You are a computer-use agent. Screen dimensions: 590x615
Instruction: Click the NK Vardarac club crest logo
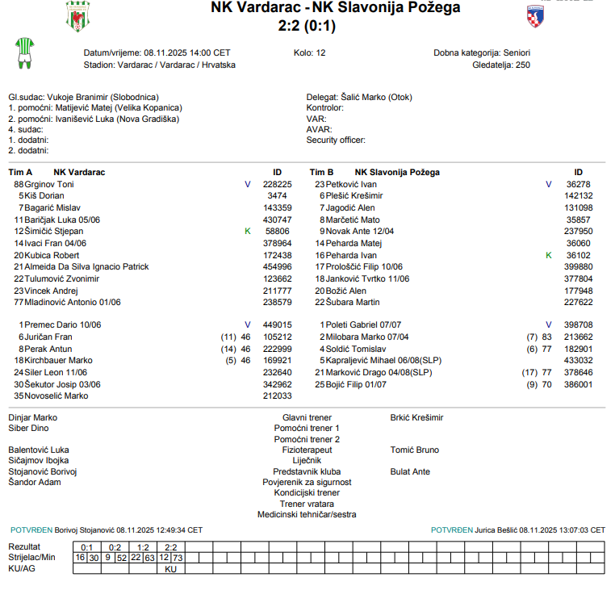[x=77, y=16]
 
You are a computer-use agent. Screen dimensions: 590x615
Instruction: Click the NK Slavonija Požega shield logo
[x=534, y=16]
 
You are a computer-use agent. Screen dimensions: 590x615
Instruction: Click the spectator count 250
[x=523, y=65]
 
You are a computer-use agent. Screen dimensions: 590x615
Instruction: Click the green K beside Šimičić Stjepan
[x=248, y=231]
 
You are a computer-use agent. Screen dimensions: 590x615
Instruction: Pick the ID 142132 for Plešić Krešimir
[x=578, y=196]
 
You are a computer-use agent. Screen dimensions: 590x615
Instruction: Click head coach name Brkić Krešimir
[x=416, y=417]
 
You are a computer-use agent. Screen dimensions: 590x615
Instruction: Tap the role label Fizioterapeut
[x=307, y=450]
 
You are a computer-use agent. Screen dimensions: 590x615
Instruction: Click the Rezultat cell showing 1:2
[x=143, y=546]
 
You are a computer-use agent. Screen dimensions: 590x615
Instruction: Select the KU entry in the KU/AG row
[x=170, y=569]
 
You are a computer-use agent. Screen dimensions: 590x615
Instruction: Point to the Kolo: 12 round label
[x=310, y=52]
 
